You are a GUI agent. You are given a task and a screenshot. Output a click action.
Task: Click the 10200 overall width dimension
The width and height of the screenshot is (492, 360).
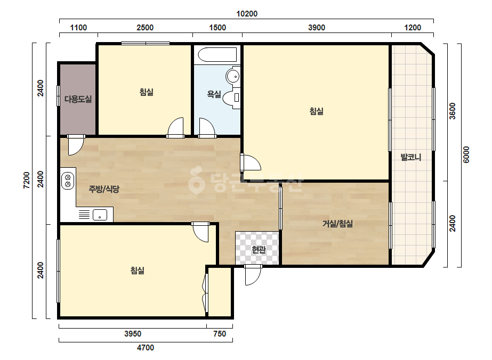(x=247, y=14)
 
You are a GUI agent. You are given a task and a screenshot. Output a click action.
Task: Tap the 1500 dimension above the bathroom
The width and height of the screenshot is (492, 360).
(x=217, y=28)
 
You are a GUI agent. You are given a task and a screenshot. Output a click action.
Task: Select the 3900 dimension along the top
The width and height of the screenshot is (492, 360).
(x=317, y=28)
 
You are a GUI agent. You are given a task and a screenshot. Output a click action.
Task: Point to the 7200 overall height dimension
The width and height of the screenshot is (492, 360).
(x=27, y=180)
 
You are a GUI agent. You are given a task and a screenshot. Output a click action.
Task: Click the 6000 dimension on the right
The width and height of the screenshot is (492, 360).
(x=466, y=154)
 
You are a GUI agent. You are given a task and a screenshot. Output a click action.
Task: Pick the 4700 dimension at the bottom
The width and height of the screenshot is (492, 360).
(x=146, y=348)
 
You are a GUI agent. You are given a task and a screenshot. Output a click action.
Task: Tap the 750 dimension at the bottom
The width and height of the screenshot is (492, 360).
(x=219, y=334)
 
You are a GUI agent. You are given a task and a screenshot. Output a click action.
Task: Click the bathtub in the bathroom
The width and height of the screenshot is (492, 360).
(x=217, y=55)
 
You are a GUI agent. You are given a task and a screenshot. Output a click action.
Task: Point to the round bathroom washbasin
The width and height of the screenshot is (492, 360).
(x=233, y=76)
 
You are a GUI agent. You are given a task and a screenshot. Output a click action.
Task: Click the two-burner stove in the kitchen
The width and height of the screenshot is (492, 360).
(x=68, y=181)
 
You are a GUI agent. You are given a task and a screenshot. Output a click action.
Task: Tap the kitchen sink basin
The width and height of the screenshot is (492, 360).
(x=100, y=215)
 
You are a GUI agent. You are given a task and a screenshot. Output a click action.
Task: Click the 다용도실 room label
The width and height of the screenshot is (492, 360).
(x=78, y=99)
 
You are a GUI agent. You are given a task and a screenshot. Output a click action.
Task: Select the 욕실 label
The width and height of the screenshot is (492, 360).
(x=214, y=94)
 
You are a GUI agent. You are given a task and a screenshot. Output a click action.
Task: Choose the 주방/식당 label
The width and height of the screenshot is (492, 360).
(x=104, y=189)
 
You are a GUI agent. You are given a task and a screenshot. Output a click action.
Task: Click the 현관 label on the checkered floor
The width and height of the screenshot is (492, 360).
(x=259, y=250)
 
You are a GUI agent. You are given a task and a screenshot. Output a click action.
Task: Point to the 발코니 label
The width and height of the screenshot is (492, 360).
(x=411, y=157)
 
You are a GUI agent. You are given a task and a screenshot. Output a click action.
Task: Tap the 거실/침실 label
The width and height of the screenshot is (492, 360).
(x=337, y=224)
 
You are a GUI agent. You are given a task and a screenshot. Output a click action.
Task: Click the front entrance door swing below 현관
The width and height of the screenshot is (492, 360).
(x=253, y=275)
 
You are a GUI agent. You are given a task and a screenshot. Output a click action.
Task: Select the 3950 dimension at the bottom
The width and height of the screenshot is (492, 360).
(x=133, y=334)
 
